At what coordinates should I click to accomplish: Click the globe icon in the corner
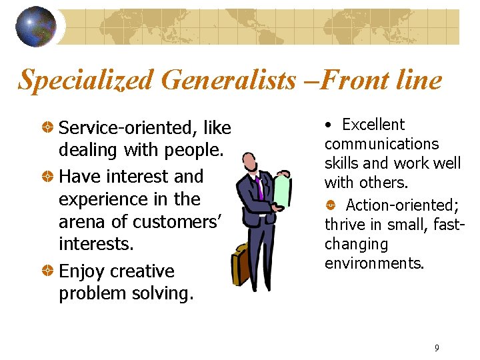click(36, 27)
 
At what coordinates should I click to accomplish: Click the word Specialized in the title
click(86, 81)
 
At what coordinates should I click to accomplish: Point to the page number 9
click(437, 347)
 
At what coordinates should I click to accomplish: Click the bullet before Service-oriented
click(49, 127)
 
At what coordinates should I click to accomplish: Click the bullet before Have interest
click(49, 176)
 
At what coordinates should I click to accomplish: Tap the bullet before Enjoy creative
click(49, 271)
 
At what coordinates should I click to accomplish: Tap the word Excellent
click(373, 125)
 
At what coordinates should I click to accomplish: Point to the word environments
click(374, 263)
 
